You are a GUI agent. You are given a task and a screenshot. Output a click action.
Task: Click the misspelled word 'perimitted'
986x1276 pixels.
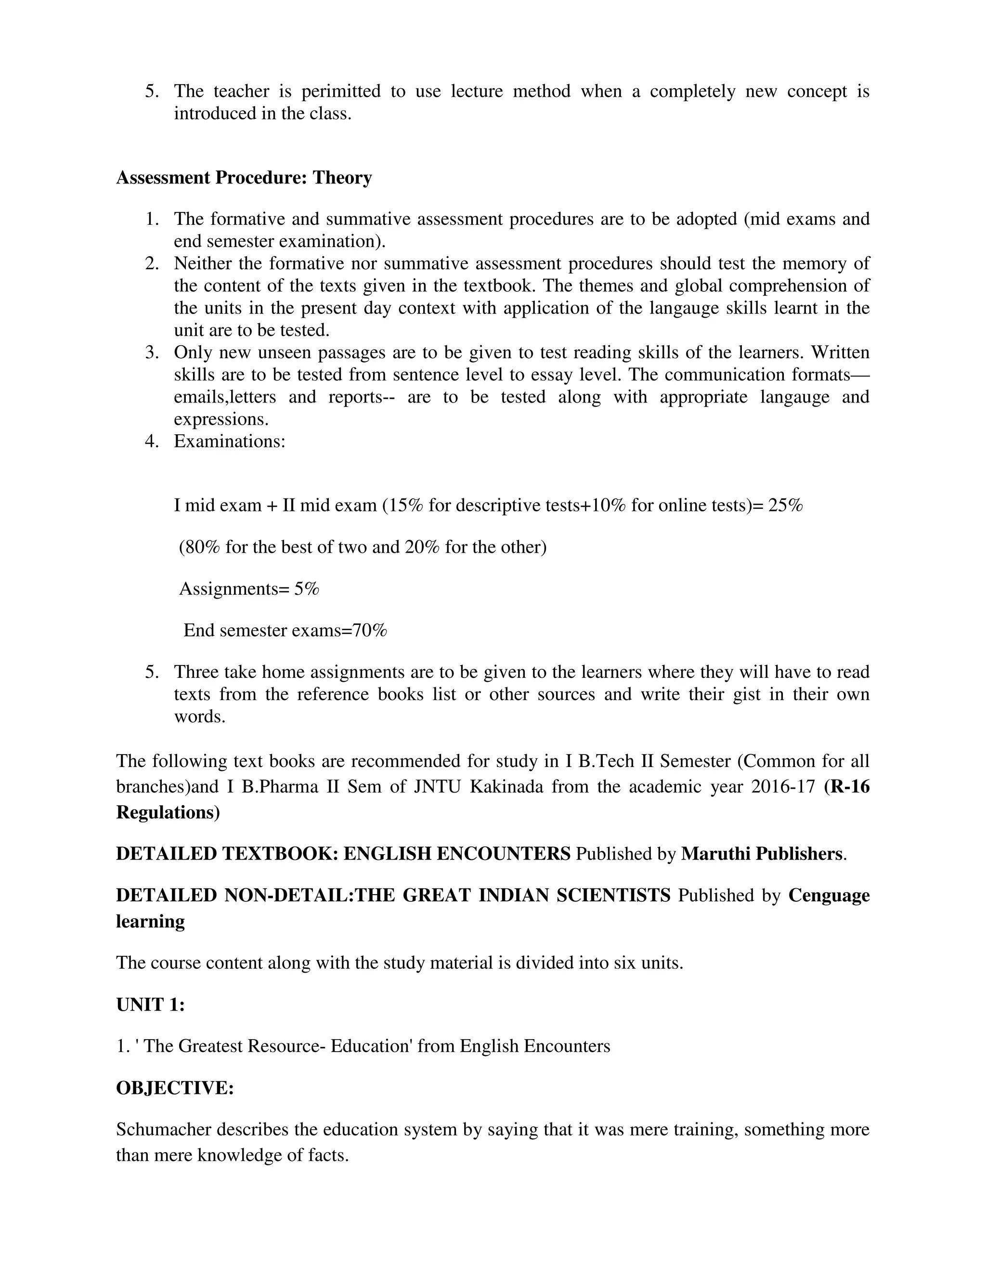(x=340, y=91)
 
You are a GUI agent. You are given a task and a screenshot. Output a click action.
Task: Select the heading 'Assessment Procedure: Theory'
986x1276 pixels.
(x=244, y=178)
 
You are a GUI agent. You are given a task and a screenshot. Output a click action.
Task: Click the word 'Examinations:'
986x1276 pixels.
(x=230, y=441)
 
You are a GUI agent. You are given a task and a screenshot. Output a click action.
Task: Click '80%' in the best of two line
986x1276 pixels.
(x=202, y=547)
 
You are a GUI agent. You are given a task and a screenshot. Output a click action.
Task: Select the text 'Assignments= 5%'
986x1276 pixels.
(x=249, y=588)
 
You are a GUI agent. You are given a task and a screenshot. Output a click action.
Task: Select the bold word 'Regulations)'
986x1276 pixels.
(x=168, y=813)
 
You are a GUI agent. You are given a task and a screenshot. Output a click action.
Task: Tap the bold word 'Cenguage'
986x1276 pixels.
(x=828, y=896)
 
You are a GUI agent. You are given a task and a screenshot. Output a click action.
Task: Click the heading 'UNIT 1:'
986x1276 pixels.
(x=150, y=1005)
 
